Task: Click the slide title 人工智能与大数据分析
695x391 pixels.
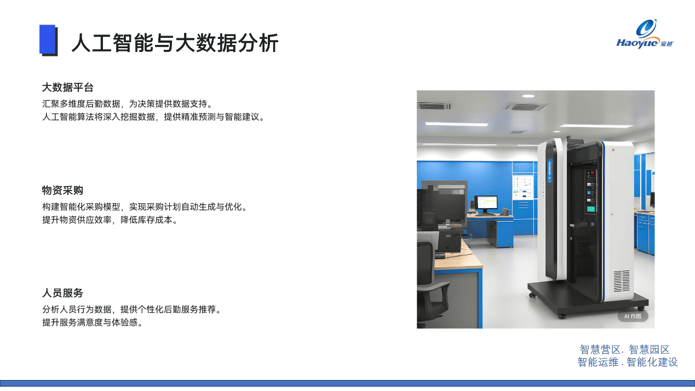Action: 175,43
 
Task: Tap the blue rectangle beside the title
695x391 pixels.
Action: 47,39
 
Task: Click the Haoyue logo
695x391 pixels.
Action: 645,34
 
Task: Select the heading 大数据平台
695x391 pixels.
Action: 68,88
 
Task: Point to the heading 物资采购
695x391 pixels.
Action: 62,190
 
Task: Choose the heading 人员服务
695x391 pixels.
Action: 62,293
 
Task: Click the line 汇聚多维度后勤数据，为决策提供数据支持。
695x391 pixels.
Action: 128,104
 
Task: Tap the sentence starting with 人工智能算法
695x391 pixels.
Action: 153,117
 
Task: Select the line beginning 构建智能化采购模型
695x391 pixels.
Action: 145,206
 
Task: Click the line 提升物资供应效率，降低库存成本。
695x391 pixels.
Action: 110,220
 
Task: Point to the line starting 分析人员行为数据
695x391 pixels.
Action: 132,309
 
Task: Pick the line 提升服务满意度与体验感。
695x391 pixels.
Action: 93,323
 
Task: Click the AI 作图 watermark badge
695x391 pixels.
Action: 633,316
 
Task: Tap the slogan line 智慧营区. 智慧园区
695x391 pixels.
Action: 624,350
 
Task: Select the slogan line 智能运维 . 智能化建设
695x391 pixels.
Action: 627,362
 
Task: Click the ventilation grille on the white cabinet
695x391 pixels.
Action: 622,281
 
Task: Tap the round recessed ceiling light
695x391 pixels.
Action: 528,96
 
